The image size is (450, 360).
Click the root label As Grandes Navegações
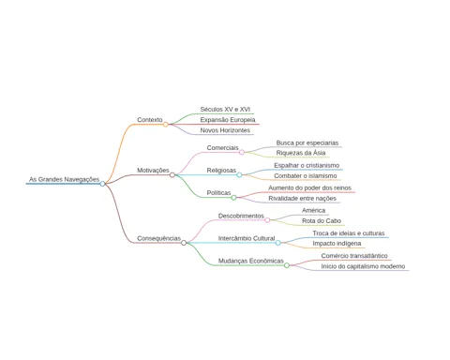click(x=65, y=179)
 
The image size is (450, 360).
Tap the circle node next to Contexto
click(x=166, y=125)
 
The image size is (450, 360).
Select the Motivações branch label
click(x=153, y=171)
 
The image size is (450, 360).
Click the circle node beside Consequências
click(x=184, y=243)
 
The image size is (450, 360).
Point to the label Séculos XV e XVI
click(x=225, y=110)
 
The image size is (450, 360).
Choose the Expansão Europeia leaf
click(x=228, y=120)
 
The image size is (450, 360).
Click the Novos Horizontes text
click(x=225, y=130)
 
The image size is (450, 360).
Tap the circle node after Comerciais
click(x=242, y=152)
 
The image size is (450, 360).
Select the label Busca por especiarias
click(x=307, y=143)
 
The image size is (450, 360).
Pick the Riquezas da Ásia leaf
click(x=301, y=153)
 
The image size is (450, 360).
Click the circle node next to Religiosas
click(x=239, y=174)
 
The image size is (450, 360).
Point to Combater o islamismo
click(x=306, y=176)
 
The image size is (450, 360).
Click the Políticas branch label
click(x=218, y=193)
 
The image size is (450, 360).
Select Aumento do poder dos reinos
click(x=310, y=187)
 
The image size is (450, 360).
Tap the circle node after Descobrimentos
click(x=267, y=220)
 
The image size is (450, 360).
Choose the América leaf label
click(x=313, y=210)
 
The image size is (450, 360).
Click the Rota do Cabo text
click(x=322, y=221)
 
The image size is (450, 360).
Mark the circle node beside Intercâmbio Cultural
click(x=277, y=243)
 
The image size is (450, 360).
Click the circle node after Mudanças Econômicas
click(x=287, y=265)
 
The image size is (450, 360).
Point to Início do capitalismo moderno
click(x=363, y=266)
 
